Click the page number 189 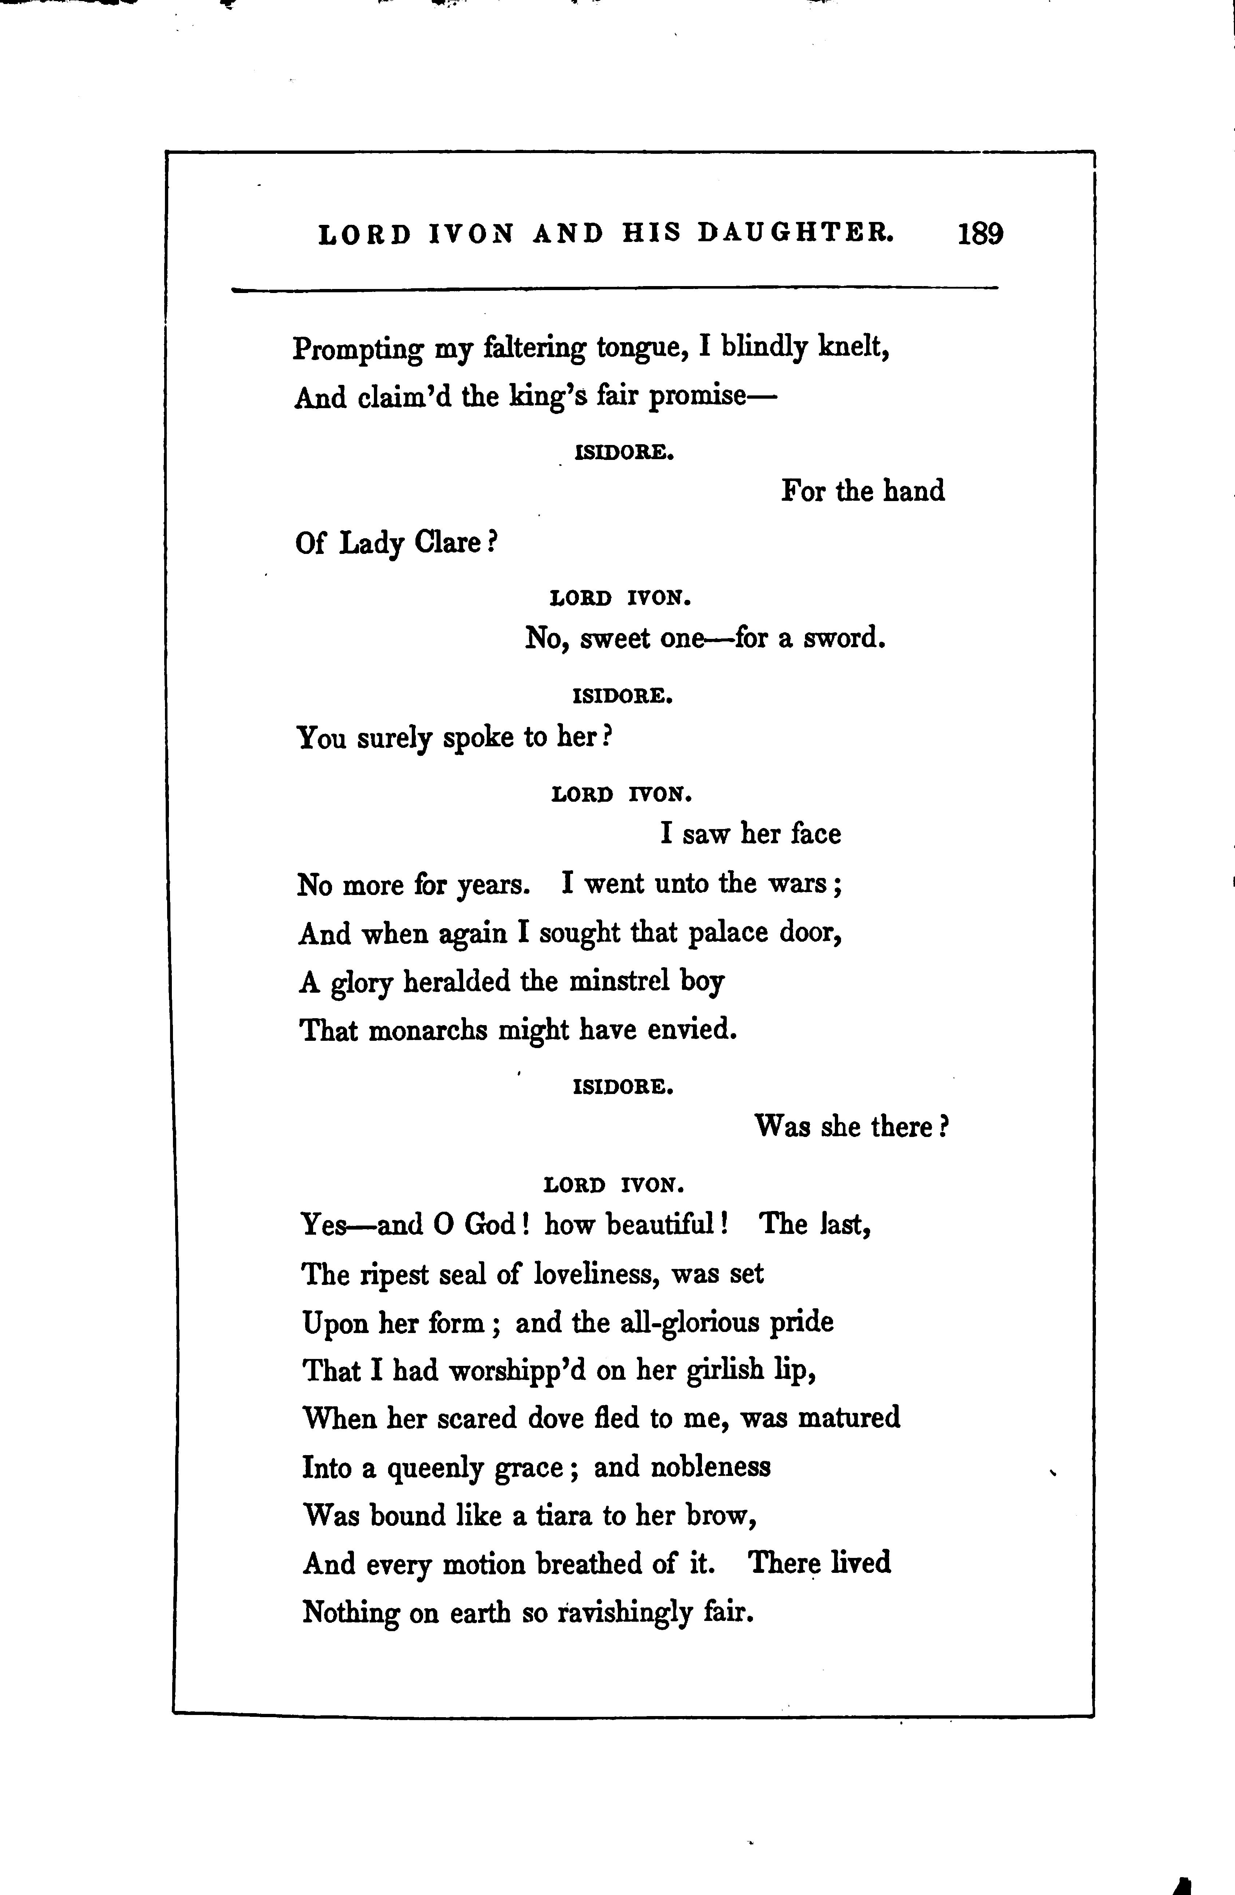click(x=980, y=234)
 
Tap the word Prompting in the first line click(x=358, y=349)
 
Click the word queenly click(x=435, y=1468)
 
